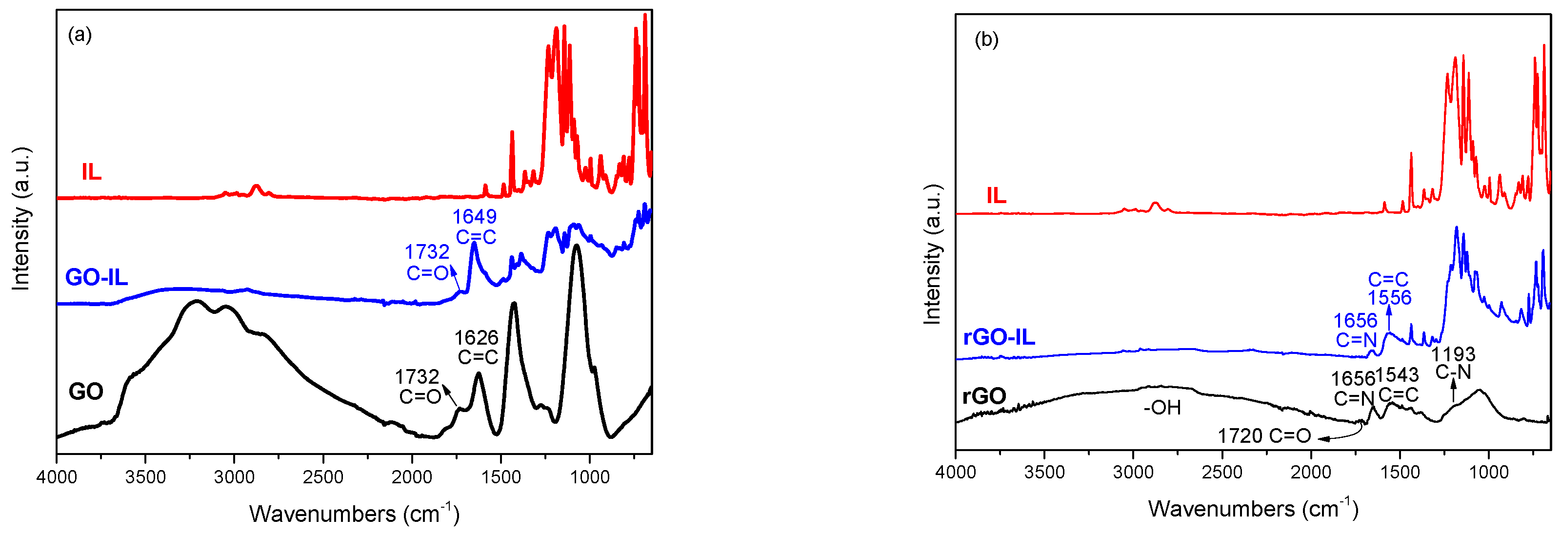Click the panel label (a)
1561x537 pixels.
pos(80,35)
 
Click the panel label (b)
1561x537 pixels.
pos(986,40)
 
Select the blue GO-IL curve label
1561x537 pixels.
pos(97,278)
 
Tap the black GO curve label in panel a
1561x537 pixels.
pos(85,392)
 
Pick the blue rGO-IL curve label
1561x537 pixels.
pos(999,337)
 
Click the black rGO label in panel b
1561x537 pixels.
pos(983,396)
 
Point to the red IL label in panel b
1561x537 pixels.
pos(996,196)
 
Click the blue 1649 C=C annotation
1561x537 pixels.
pos(475,227)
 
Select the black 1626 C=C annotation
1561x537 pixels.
pos(477,347)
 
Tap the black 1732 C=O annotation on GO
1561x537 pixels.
pos(418,386)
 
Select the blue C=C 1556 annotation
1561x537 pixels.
pos(1388,289)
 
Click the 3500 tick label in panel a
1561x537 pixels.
pos(145,477)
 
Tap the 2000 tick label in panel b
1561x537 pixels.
pos(1311,472)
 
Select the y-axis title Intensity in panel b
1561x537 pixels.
pos(933,254)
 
